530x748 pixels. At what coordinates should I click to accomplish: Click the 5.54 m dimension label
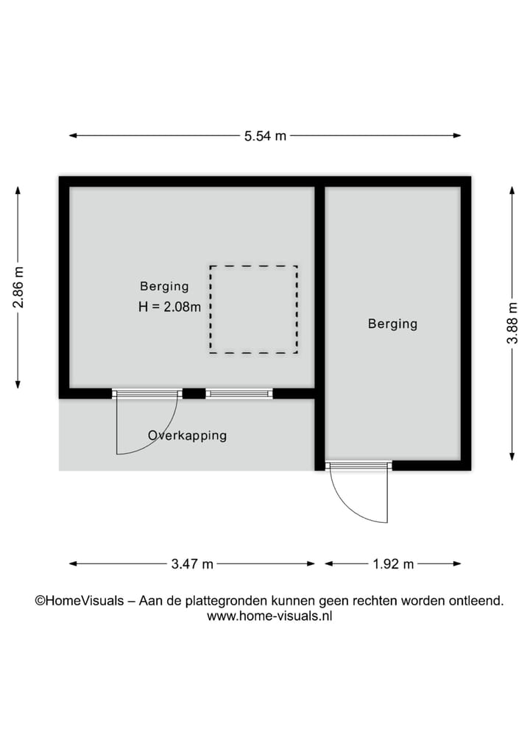point(265,136)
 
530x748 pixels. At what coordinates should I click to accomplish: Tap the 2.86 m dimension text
point(18,287)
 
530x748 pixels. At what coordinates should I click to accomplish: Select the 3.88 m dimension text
point(513,324)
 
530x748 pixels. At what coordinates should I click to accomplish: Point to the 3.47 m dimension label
point(192,564)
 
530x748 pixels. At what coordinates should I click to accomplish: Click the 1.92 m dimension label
point(393,564)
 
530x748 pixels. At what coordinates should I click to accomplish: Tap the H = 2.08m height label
point(169,307)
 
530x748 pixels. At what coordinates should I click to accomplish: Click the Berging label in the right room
point(392,324)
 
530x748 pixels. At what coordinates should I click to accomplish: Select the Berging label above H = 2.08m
point(164,287)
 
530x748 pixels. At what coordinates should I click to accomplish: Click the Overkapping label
point(187,435)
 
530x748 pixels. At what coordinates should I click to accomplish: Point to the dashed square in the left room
point(254,310)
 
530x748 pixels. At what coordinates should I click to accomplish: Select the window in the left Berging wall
point(239,394)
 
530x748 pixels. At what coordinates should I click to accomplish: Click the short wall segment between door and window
point(194,394)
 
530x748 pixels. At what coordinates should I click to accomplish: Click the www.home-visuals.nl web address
point(269,617)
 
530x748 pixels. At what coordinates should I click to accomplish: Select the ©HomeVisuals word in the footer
point(79,601)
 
